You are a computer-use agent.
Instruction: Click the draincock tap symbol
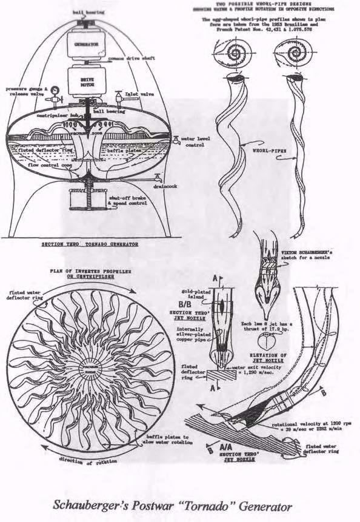(156, 179)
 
